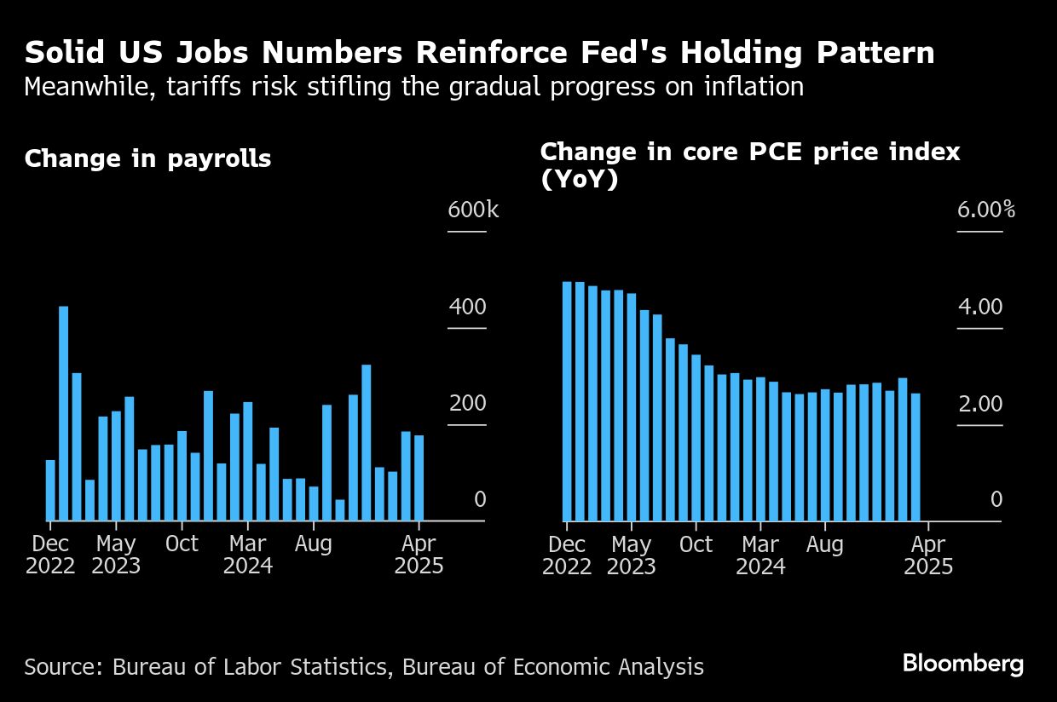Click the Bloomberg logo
click(x=962, y=664)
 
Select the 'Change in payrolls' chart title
click(x=147, y=159)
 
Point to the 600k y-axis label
click(x=473, y=210)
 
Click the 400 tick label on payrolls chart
click(x=467, y=308)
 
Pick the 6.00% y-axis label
click(x=985, y=210)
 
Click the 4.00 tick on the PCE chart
click(x=979, y=308)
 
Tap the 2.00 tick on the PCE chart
click(x=979, y=404)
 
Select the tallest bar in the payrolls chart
click(x=63, y=413)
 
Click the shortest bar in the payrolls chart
click(x=340, y=509)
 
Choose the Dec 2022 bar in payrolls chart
click(x=50, y=490)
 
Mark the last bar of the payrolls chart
click(x=419, y=477)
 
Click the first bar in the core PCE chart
click(x=567, y=400)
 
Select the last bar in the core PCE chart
click(x=915, y=457)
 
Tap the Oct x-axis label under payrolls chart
click(x=182, y=544)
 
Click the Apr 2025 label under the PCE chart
click(x=928, y=555)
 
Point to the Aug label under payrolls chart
click(x=313, y=544)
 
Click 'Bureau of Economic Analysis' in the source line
click(x=553, y=666)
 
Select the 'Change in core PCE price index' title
click(x=750, y=152)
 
